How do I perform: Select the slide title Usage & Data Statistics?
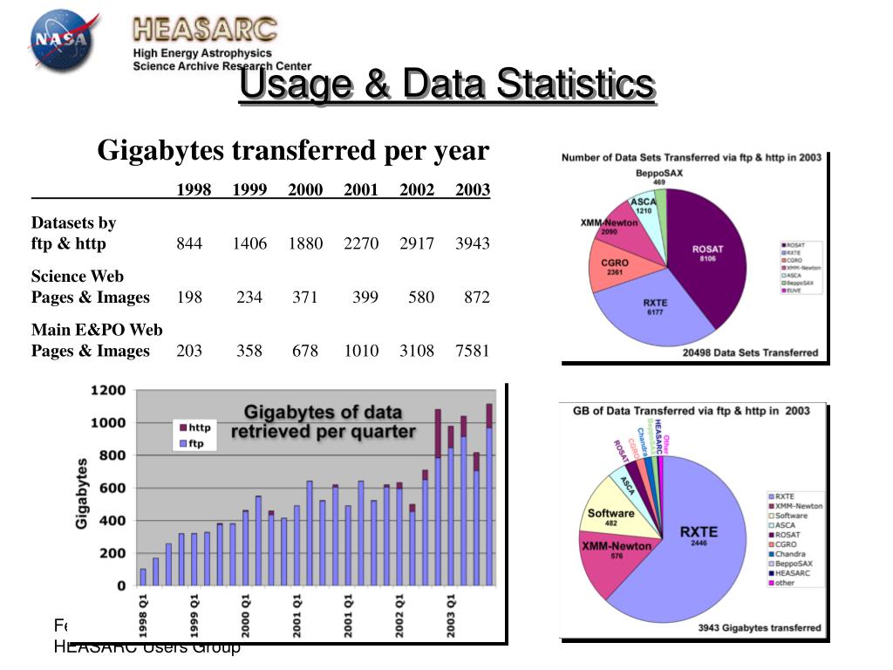446,85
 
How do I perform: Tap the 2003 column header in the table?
472,190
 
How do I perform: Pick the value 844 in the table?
189,243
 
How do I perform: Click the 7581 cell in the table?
472,351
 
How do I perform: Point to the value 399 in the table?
365,297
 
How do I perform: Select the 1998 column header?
194,190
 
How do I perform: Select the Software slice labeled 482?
610,517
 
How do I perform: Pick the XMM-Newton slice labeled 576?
617,550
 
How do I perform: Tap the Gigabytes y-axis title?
82,493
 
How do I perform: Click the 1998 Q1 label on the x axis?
145,614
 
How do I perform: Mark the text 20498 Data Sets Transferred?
750,352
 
